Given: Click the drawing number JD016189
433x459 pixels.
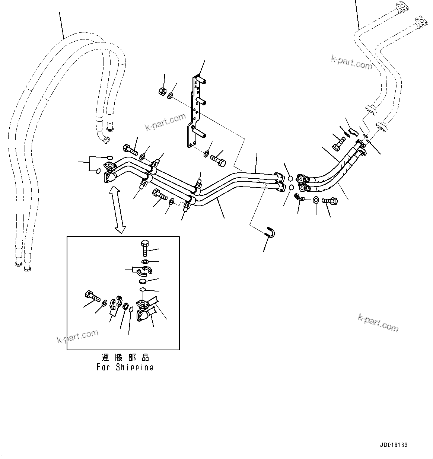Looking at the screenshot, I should click(x=394, y=445).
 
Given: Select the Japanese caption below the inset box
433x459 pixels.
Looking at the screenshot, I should click(x=125, y=358).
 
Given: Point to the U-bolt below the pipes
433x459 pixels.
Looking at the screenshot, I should click(x=270, y=232).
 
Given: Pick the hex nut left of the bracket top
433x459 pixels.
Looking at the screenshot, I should click(x=162, y=92).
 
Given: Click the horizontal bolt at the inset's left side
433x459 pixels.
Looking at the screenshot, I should click(x=92, y=296).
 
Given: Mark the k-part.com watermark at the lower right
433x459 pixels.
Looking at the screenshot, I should click(x=378, y=322).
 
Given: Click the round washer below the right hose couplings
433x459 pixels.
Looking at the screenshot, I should click(x=315, y=200).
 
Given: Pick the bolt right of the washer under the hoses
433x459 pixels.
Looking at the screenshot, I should click(x=330, y=201).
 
